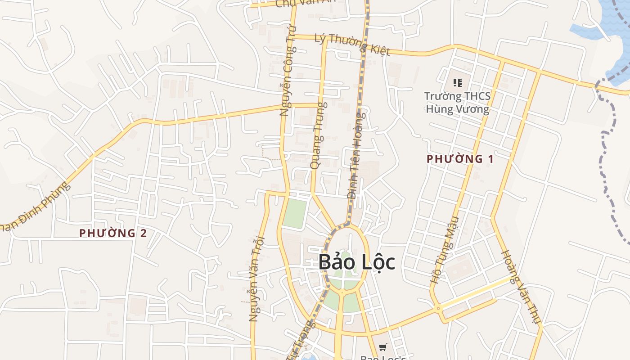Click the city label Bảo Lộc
(x=357, y=262)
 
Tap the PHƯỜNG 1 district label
(x=460, y=159)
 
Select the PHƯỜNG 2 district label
(x=113, y=233)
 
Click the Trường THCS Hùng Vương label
(x=457, y=103)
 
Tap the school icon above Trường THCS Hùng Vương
(x=458, y=83)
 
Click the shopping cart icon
(x=382, y=347)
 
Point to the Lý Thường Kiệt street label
(x=352, y=44)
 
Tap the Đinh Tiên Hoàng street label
(x=356, y=155)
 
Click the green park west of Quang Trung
(x=295, y=213)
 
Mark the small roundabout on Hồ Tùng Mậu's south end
(x=438, y=309)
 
